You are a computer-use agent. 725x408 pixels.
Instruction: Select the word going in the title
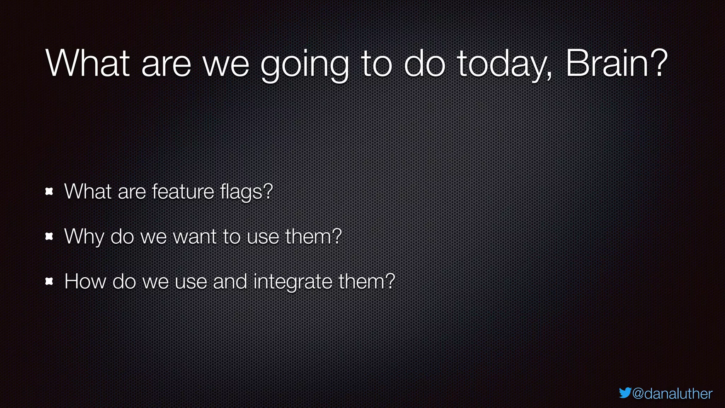point(304,66)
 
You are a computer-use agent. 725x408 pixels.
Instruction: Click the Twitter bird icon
point(625,393)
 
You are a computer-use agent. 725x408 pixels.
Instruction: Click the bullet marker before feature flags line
point(49,192)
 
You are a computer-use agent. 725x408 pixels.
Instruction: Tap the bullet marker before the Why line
point(49,237)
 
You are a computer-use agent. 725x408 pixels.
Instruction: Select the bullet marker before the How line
point(49,282)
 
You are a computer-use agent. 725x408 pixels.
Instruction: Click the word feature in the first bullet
point(183,192)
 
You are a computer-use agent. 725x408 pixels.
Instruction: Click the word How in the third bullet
point(85,282)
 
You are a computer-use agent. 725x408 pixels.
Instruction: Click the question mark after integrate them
point(390,281)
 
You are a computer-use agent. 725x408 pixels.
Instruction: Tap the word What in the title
point(88,64)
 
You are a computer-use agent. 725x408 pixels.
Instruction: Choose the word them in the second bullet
point(308,237)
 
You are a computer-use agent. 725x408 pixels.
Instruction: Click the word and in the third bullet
point(230,282)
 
